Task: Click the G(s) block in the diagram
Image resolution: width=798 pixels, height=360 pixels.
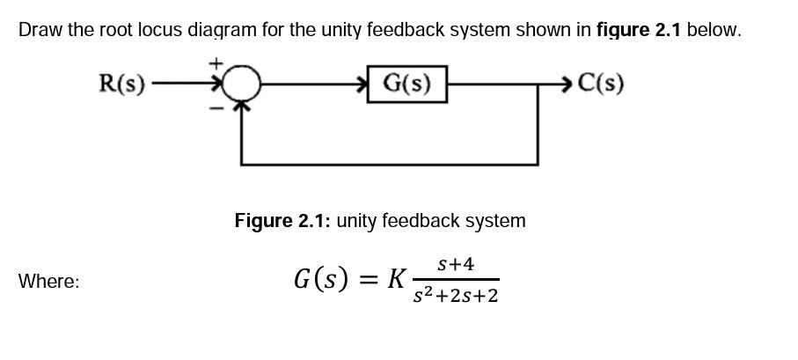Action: (406, 84)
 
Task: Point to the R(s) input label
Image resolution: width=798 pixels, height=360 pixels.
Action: (121, 84)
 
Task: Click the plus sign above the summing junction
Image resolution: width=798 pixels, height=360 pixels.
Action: (221, 65)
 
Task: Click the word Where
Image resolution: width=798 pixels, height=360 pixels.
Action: (48, 282)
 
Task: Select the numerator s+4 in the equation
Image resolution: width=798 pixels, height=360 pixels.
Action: (455, 264)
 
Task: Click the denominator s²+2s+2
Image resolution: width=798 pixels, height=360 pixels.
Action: (456, 296)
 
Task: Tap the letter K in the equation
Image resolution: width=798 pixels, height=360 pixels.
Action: (397, 279)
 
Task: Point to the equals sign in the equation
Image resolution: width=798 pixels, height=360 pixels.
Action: (369, 280)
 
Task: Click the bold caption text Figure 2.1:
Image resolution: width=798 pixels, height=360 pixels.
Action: (282, 221)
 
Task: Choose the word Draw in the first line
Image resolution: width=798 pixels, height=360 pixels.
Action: (40, 30)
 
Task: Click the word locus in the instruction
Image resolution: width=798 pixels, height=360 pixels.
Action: (161, 30)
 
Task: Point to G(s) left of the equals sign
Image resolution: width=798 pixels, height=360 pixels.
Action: (323, 280)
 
